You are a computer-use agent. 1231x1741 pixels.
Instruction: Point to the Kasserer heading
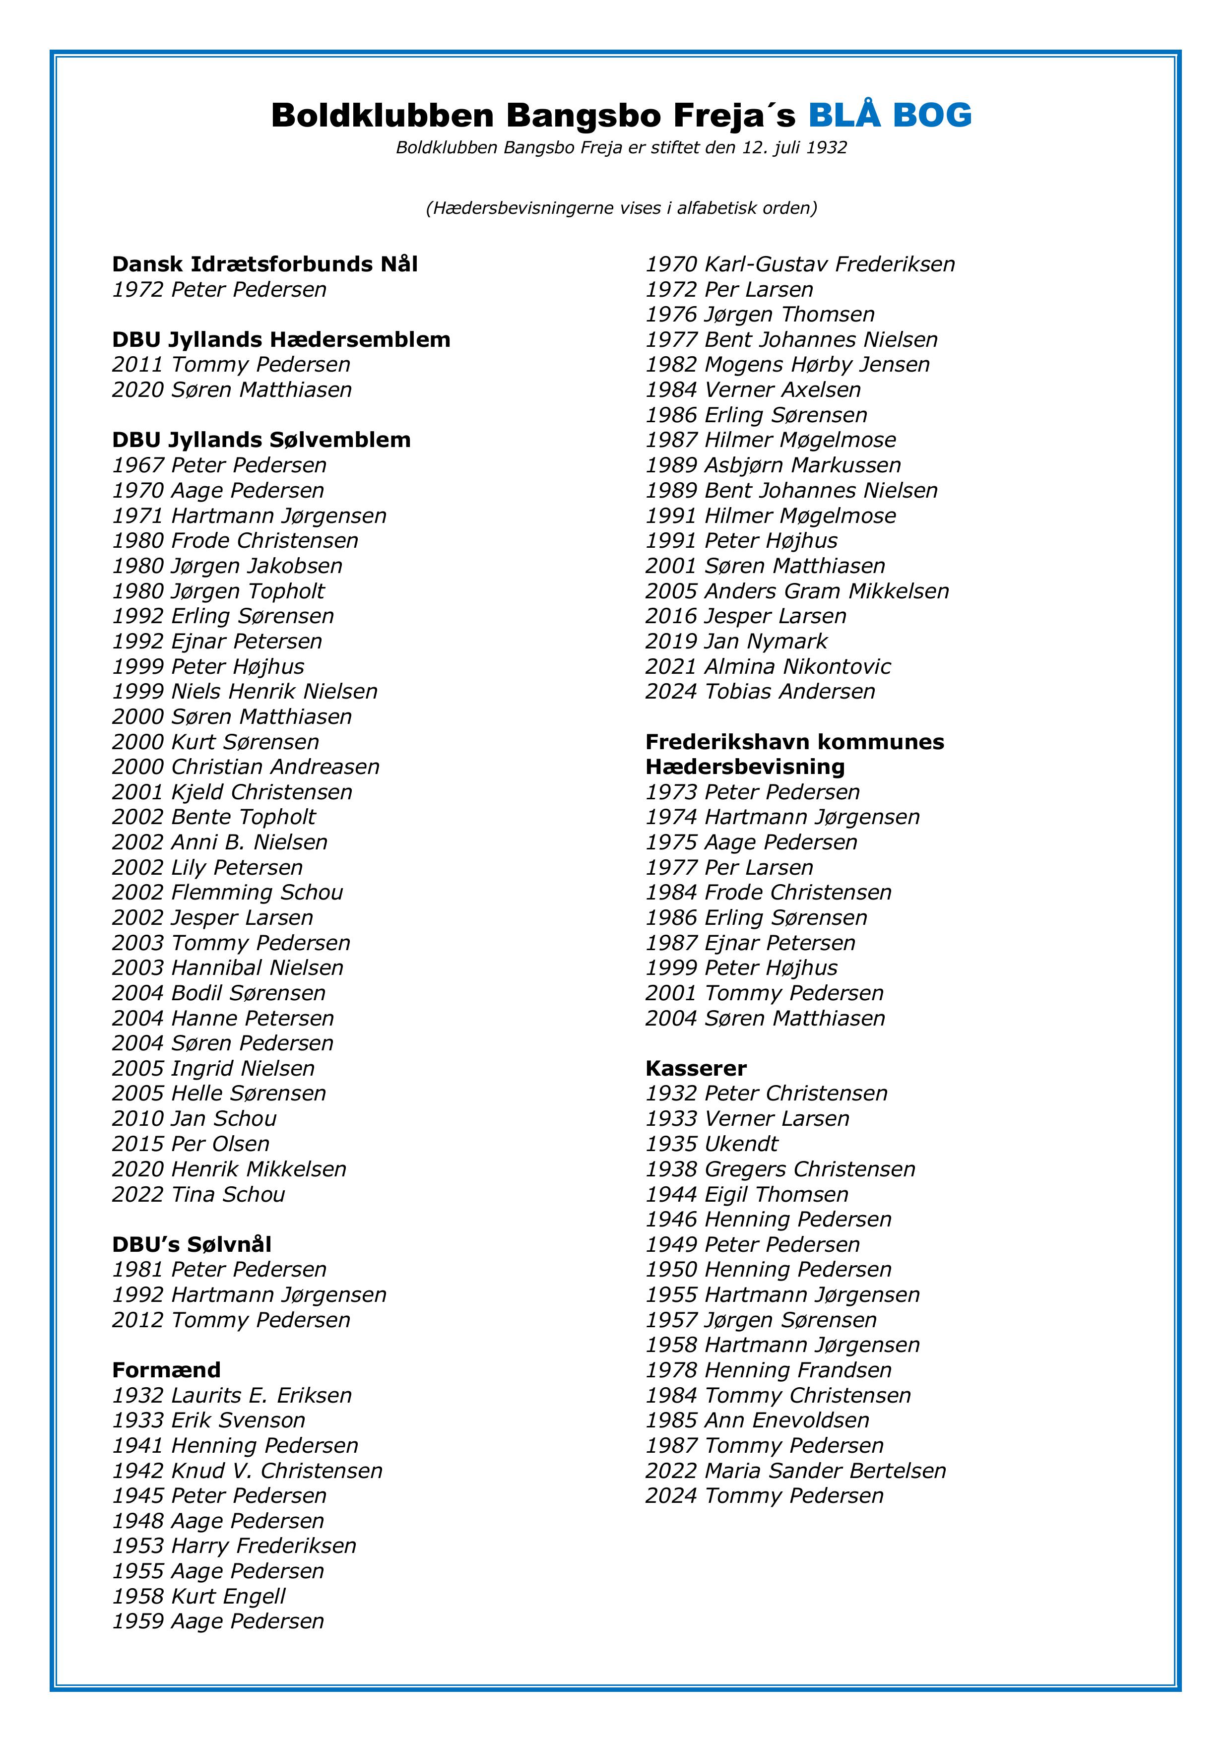coord(696,1068)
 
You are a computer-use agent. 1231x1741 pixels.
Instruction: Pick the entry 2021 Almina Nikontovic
coord(768,666)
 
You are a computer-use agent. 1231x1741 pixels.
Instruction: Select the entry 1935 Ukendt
coord(712,1144)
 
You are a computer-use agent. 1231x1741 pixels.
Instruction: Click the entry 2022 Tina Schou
coord(199,1194)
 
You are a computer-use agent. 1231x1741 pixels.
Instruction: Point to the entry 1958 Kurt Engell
coord(199,1596)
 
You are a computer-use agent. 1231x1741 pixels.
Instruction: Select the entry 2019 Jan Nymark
coord(736,642)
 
